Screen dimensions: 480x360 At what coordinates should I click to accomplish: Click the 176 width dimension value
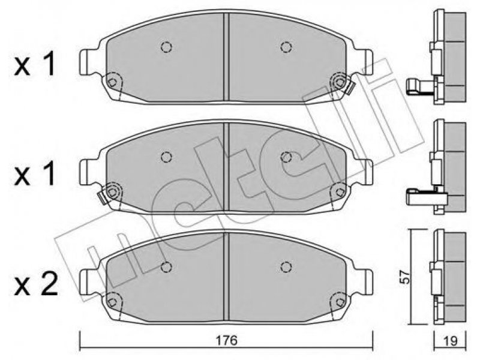point(226,340)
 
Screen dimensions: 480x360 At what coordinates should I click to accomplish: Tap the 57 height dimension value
point(405,277)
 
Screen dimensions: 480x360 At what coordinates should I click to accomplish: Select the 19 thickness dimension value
point(450,341)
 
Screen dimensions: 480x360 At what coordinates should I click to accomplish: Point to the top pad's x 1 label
point(35,64)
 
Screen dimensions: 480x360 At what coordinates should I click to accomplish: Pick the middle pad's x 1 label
point(35,173)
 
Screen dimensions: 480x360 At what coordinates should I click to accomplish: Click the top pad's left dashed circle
point(166,47)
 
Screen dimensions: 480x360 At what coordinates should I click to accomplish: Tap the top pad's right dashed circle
point(286,47)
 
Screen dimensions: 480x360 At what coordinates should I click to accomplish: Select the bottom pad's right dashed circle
point(286,266)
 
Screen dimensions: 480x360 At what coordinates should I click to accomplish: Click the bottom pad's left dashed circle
point(166,266)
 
